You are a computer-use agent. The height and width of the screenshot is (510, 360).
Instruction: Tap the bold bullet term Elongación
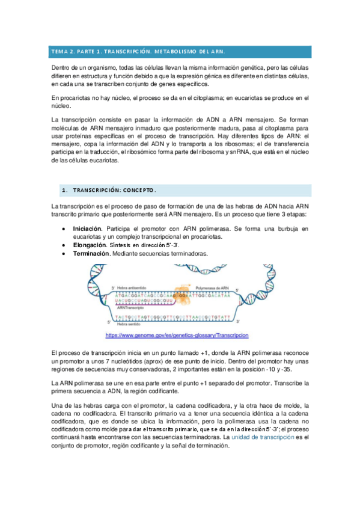90,245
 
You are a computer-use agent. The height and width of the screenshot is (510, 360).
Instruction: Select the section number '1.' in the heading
64,191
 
